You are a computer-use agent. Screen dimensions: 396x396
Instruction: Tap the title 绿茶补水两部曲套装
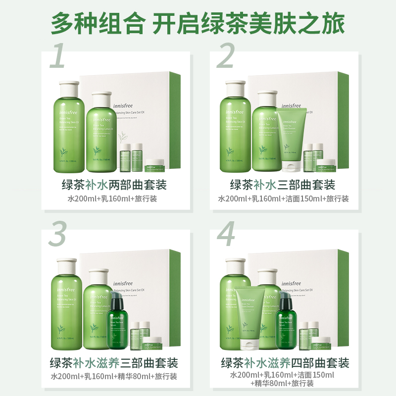tap(114, 185)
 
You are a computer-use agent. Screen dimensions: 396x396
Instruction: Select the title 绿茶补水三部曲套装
tap(283, 185)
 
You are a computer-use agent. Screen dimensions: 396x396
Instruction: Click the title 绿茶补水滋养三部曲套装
tap(114, 362)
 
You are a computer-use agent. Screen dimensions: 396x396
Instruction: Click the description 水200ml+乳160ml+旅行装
tap(114, 199)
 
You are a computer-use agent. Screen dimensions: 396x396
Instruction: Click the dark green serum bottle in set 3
tap(117, 322)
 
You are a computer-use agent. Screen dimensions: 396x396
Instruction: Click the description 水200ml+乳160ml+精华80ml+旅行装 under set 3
tap(114, 376)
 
